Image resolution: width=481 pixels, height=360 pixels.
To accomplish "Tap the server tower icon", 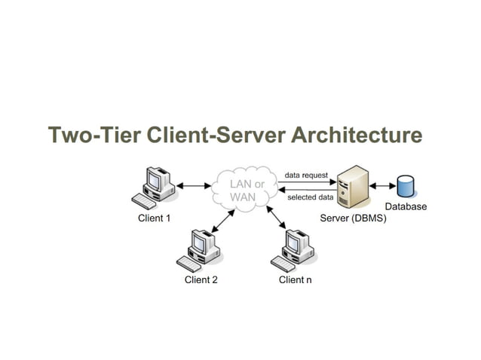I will (352, 188).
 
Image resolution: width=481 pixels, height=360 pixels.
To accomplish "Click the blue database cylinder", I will (406, 185).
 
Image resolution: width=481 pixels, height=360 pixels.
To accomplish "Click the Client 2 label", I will (201, 280).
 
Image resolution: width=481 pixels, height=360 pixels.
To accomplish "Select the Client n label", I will (295, 280).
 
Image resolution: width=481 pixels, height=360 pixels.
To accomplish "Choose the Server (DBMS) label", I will (353, 218).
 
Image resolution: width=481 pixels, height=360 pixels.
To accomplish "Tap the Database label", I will (406, 206).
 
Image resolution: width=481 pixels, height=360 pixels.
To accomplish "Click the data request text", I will (306, 175).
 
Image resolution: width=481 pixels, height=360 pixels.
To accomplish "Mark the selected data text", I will (310, 197).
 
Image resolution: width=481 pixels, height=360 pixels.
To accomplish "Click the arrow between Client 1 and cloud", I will (195, 185).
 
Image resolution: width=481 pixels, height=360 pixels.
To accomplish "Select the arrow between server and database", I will (382, 186).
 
